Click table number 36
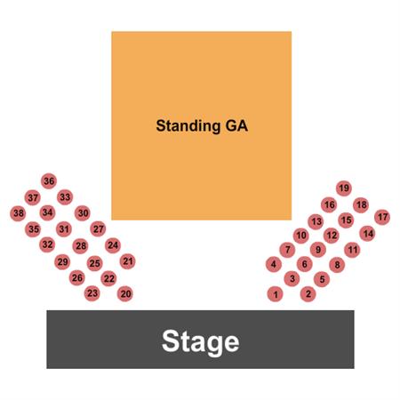click(49, 181)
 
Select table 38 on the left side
click(19, 213)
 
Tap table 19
click(344, 188)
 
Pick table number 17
click(382, 217)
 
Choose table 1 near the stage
click(276, 294)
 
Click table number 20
click(125, 294)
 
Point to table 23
click(92, 293)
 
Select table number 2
click(308, 294)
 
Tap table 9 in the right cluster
click(318, 250)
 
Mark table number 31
click(64, 229)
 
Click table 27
click(98, 228)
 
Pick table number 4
click(274, 264)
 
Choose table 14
click(368, 234)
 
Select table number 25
click(94, 263)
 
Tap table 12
click(332, 236)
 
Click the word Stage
click(201, 342)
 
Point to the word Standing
click(188, 126)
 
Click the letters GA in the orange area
click(236, 125)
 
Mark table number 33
click(65, 197)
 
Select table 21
click(128, 261)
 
